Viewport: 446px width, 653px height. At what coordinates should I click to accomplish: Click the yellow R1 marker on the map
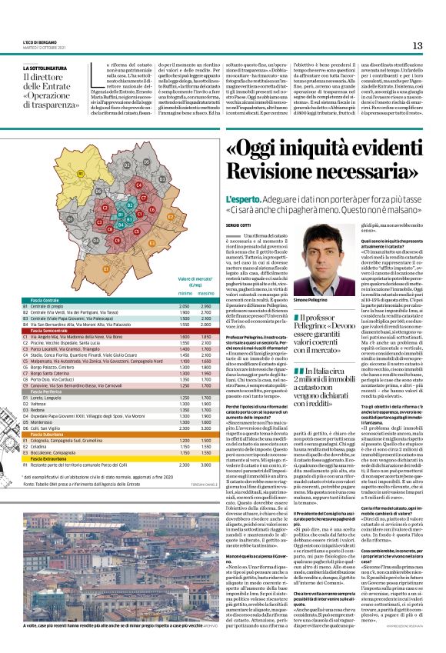pyautogui.click(x=81, y=174)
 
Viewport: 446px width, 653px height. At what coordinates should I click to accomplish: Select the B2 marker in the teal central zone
pyautogui.click(x=130, y=205)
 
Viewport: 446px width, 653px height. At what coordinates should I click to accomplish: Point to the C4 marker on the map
pyautogui.click(x=139, y=185)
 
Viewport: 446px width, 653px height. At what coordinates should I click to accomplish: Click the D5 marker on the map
pyautogui.click(x=146, y=162)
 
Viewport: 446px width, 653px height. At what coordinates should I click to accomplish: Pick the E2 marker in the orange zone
pyautogui.click(x=171, y=217)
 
